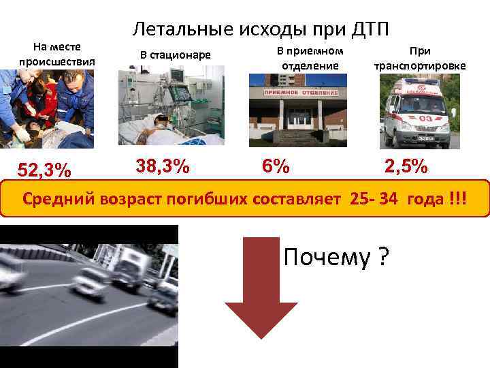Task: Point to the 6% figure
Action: (276, 166)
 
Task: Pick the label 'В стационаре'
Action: (176, 55)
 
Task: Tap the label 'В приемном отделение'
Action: (310, 59)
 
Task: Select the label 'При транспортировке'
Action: (420, 59)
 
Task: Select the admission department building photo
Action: (297, 109)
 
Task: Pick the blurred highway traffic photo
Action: (88, 296)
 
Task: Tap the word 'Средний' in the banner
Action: (61, 199)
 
